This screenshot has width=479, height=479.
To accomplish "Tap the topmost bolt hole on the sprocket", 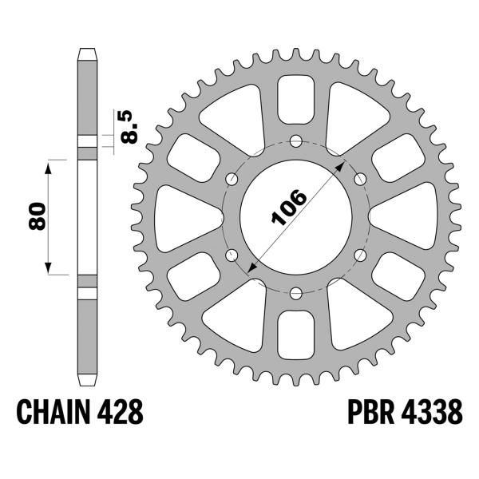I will coord(295,142).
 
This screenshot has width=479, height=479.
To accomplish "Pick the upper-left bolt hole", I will coord(232,179).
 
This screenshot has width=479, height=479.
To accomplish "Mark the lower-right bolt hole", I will coord(359,255).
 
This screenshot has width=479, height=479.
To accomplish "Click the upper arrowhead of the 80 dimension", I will coord(49,164).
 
